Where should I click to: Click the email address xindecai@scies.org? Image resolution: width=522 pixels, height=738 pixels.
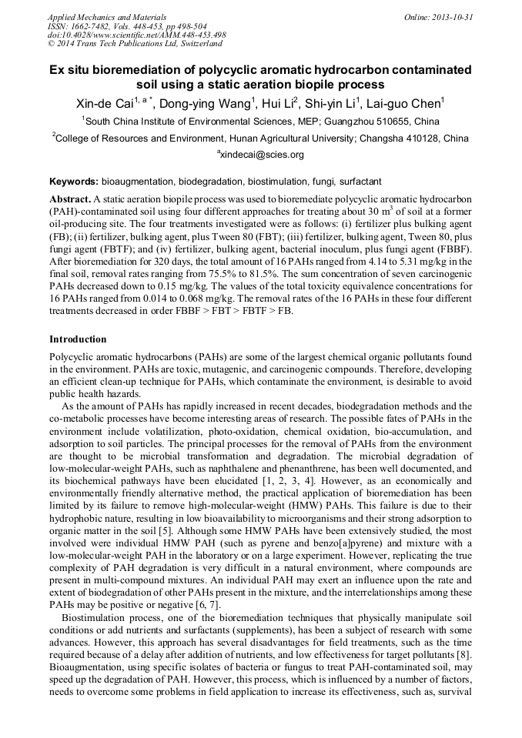tap(261, 155)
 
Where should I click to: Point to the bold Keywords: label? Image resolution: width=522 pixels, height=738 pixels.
tap(73, 182)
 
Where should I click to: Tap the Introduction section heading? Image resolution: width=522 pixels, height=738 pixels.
tap(78, 339)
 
